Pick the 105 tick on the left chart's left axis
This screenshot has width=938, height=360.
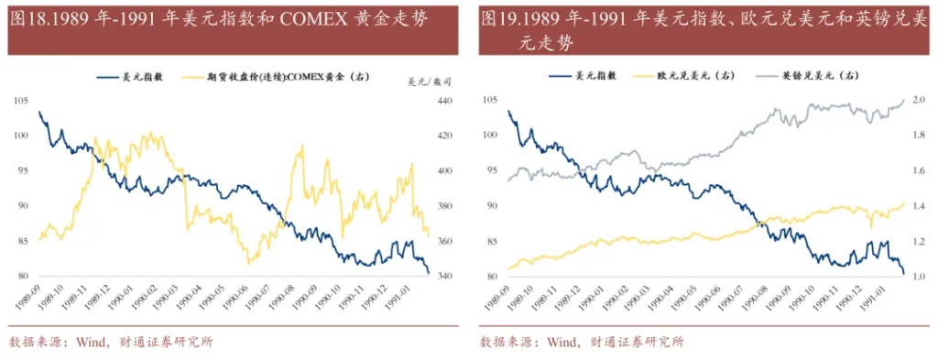pyautogui.click(x=21, y=101)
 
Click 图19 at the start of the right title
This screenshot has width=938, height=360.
pyautogui.click(x=497, y=18)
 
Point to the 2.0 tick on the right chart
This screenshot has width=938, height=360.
pyautogui.click(x=917, y=101)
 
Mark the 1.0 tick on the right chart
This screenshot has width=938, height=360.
pyautogui.click(x=917, y=277)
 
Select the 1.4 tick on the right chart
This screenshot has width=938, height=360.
pyautogui.click(x=917, y=206)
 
